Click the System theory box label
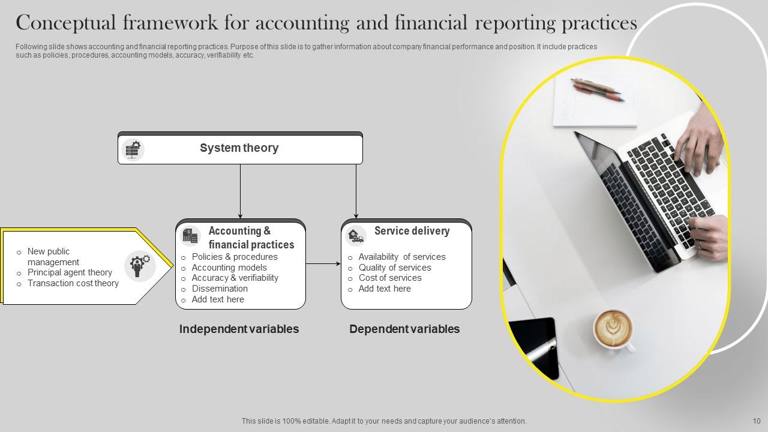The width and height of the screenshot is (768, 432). pyautogui.click(x=239, y=148)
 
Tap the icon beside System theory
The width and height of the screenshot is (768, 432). pyautogui.click(x=133, y=149)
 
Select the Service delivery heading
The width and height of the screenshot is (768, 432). pyautogui.click(x=412, y=231)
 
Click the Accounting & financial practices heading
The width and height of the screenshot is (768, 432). pyautogui.click(x=251, y=238)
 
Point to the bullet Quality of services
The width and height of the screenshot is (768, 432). pyautogui.click(x=395, y=268)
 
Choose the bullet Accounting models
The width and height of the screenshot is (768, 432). pyautogui.click(x=229, y=268)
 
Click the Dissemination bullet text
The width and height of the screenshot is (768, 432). pyautogui.click(x=220, y=289)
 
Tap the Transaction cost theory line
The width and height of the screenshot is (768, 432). pyautogui.click(x=73, y=283)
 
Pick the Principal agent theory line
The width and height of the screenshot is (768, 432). pyautogui.click(x=70, y=272)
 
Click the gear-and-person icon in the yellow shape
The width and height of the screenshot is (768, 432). pyautogui.click(x=140, y=266)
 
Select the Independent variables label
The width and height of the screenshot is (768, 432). pyautogui.click(x=239, y=329)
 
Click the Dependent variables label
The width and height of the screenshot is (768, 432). pyautogui.click(x=404, y=329)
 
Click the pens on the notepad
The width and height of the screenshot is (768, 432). pyautogui.click(x=596, y=88)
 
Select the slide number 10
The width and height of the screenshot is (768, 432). pyautogui.click(x=757, y=421)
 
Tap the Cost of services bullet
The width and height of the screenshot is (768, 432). pyautogui.click(x=390, y=278)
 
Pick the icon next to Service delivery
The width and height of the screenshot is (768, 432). pyautogui.click(x=356, y=236)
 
